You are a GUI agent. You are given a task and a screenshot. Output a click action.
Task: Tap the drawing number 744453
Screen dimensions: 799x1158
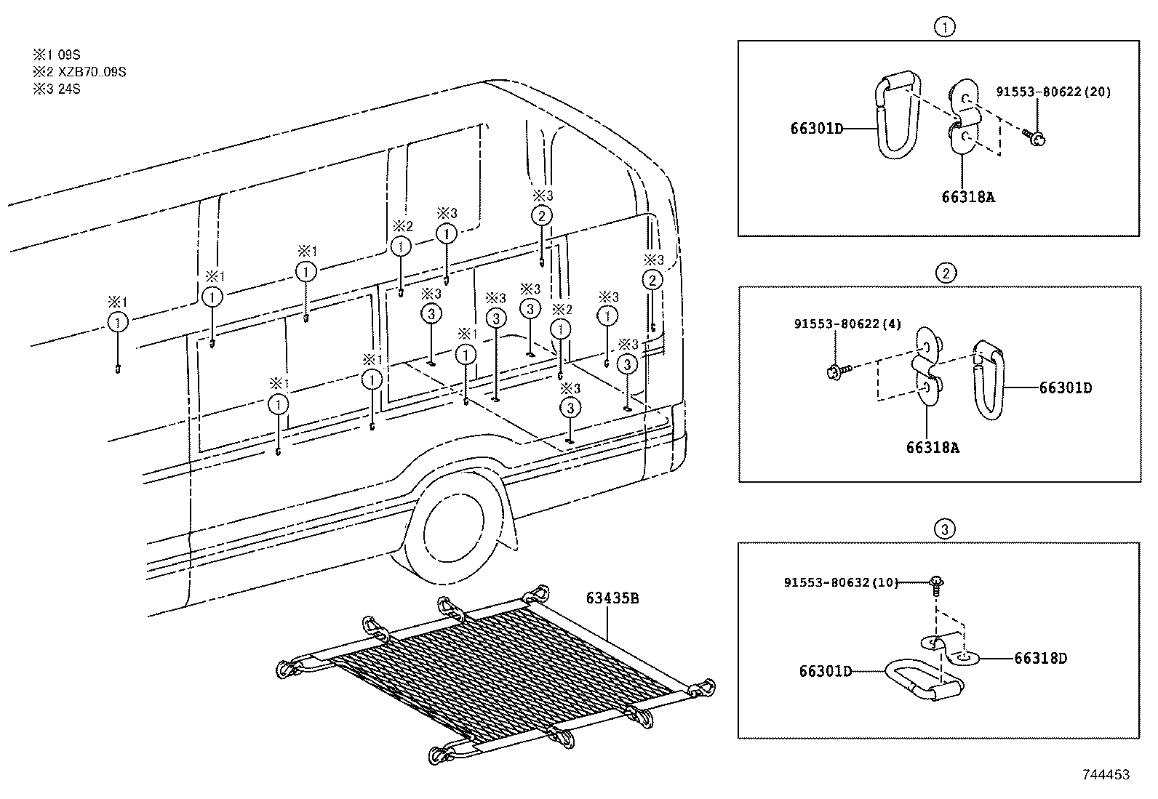coord(1106,775)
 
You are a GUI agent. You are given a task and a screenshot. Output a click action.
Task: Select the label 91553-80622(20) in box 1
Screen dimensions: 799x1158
coord(1053,92)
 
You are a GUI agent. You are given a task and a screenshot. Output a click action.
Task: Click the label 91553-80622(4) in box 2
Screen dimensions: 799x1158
coord(847,324)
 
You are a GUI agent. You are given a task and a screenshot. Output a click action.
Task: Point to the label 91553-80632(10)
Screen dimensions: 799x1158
coord(841,582)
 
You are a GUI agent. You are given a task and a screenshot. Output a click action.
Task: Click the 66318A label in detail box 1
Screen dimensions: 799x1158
coord(967,196)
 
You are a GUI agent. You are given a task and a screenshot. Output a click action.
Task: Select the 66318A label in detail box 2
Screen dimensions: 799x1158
coord(933,448)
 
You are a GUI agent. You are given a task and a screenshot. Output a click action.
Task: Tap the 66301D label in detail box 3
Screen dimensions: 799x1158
coord(825,672)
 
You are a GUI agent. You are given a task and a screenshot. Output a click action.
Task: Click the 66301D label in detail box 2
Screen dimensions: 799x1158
coord(1065,388)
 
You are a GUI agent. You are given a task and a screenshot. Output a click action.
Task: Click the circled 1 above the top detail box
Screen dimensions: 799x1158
coord(943,28)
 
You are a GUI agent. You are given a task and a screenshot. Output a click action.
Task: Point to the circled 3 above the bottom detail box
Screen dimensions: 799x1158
coord(944,529)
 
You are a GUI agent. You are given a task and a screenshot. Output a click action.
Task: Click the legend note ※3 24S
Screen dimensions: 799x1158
coord(56,89)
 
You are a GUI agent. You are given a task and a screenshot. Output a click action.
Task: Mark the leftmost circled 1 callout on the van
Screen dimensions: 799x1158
coord(118,322)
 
